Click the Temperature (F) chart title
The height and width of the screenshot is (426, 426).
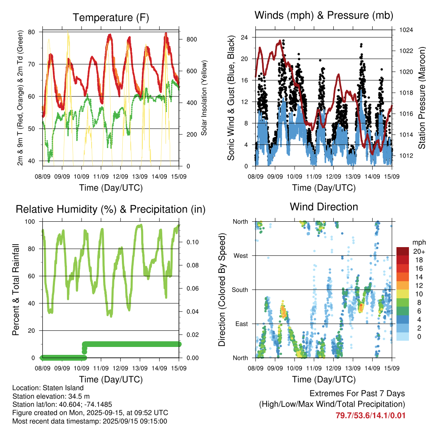coord(111,17)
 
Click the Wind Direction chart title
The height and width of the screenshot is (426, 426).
coord(324,207)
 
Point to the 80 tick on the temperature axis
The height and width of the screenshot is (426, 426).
coord(32,32)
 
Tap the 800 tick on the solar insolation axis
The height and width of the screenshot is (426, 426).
coord(191,40)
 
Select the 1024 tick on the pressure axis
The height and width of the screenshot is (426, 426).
coord(406,30)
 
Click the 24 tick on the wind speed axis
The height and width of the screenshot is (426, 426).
coord(244,37)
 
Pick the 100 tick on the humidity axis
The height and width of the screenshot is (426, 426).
coord(30,222)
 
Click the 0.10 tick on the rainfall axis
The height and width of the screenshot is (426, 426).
coord(192,242)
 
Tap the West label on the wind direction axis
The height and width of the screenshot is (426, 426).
coord(241,256)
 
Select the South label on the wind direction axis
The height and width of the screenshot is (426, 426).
coord(240,290)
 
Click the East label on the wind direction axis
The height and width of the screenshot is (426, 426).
coord(242,324)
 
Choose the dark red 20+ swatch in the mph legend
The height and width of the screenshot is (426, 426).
coord(403,251)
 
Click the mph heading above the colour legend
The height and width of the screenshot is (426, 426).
coord(419,242)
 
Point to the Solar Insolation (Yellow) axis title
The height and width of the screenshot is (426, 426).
coord(204,98)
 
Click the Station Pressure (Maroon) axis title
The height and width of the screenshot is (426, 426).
coord(421,98)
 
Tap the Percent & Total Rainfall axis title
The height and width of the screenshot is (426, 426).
coord(16,290)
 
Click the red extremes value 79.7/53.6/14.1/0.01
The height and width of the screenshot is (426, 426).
coord(370,416)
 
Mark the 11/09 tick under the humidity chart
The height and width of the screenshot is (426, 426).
coord(101,368)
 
